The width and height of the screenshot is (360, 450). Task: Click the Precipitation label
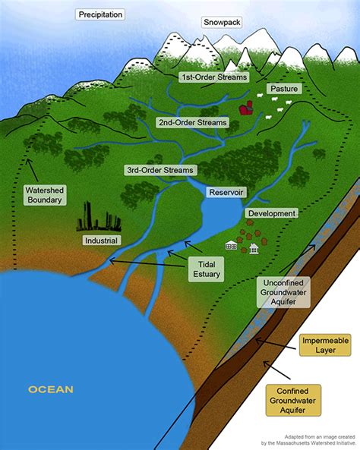[101, 14]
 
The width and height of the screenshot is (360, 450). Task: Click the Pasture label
[283, 89]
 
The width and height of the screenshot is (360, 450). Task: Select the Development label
[271, 214]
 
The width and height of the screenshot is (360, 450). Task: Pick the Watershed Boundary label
[43, 195]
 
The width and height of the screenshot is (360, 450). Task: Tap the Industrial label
[101, 241]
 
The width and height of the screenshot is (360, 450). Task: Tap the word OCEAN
[51, 390]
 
